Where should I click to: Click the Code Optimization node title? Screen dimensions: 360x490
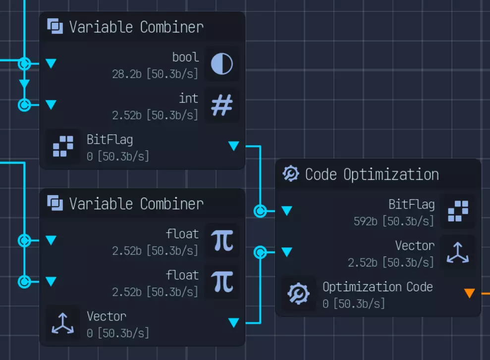point(372,174)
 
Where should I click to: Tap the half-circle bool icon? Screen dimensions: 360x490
point(221,64)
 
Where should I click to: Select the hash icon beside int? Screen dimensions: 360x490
point(221,105)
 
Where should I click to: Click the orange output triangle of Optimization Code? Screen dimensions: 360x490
point(469,293)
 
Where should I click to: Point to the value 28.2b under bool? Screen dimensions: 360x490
point(127,74)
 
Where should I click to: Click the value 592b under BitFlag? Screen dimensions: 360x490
point(366,221)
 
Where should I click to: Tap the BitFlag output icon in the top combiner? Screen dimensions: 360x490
point(63,146)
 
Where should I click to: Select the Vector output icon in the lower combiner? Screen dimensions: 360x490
point(63,323)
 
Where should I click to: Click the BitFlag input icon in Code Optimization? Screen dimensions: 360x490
point(457,211)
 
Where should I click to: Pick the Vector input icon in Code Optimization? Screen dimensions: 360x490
point(457,253)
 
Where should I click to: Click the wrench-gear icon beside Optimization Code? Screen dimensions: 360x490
point(299,294)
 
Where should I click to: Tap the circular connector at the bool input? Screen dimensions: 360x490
point(24,63)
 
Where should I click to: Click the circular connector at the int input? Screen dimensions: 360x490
point(24,105)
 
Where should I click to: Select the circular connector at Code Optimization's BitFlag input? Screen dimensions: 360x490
point(260,211)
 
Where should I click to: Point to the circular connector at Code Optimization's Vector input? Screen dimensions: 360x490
point(260,253)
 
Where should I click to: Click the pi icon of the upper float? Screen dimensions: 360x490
point(221,241)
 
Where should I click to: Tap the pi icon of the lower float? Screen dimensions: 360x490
point(221,282)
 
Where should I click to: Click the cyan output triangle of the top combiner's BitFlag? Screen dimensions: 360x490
point(233,146)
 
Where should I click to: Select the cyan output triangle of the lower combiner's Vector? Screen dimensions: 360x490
point(233,323)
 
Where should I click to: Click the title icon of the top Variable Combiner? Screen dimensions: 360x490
point(55,26)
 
